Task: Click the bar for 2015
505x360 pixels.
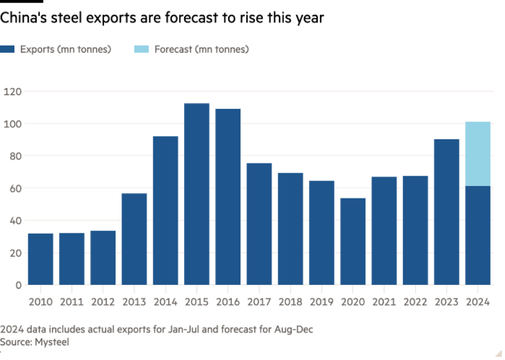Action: (x=197, y=194)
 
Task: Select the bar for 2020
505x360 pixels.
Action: (x=353, y=241)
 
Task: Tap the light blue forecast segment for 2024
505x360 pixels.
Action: (x=478, y=153)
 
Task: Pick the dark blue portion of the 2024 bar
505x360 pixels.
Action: (x=478, y=235)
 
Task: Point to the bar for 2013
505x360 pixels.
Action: (x=134, y=239)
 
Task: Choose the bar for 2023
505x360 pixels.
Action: (x=446, y=211)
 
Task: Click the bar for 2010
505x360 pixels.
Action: (x=40, y=258)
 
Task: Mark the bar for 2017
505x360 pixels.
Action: (x=259, y=224)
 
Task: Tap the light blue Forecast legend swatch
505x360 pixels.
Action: (x=142, y=49)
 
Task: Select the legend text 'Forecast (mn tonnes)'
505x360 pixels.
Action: (x=202, y=49)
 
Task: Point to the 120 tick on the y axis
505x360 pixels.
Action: (x=12, y=92)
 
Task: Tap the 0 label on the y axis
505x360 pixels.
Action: (x=18, y=285)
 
